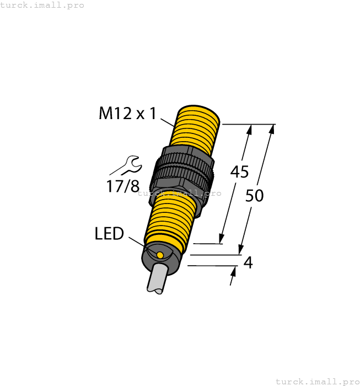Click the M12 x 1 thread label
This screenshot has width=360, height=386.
point(127,114)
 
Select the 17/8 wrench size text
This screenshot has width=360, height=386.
point(122,186)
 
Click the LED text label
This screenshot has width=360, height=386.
point(109,234)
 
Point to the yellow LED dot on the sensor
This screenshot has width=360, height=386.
point(160,255)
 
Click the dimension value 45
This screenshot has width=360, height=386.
point(239,172)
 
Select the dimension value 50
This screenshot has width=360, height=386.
point(254,195)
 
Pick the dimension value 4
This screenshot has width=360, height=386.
point(248,263)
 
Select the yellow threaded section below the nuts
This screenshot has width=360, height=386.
point(170,217)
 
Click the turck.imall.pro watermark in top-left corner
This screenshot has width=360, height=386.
point(42,5)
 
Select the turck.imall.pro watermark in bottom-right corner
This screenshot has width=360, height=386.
point(317,381)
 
